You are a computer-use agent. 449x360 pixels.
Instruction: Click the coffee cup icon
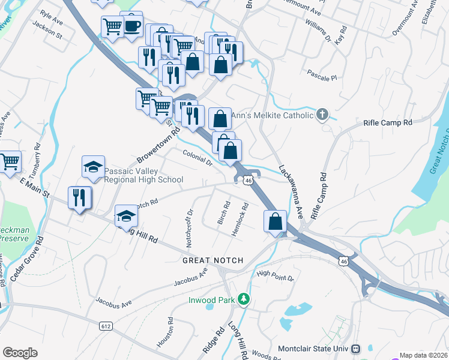131,26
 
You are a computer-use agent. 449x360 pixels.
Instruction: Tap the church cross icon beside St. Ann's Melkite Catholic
322,115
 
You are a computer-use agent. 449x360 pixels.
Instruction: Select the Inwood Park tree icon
243,298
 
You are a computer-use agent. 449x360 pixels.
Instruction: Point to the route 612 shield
106,325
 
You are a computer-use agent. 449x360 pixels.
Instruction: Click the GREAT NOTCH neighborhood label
213,260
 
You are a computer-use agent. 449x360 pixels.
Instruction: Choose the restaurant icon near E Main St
80,197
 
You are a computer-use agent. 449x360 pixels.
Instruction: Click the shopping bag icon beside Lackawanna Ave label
274,221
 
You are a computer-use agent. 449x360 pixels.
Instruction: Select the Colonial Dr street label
197,158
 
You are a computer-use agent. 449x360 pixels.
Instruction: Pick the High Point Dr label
275,275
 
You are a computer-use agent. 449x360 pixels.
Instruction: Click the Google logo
19,353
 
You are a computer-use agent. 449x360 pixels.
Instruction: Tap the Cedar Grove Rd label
27,259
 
